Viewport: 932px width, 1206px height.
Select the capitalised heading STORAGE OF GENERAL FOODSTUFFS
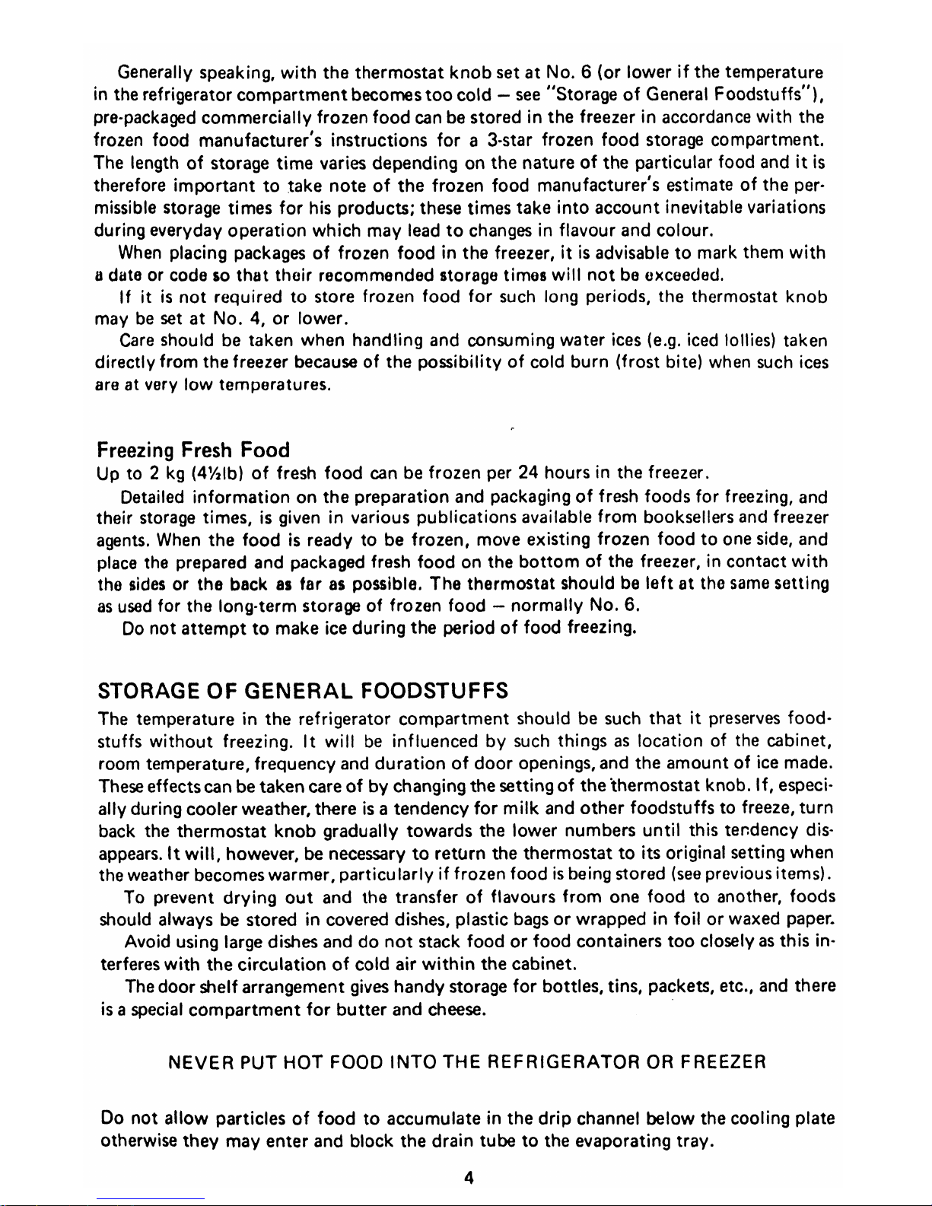click(x=304, y=692)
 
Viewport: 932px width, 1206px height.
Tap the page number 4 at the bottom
click(x=469, y=1179)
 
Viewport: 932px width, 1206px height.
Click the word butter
click(x=362, y=1010)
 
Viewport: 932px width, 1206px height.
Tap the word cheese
click(x=456, y=1010)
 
